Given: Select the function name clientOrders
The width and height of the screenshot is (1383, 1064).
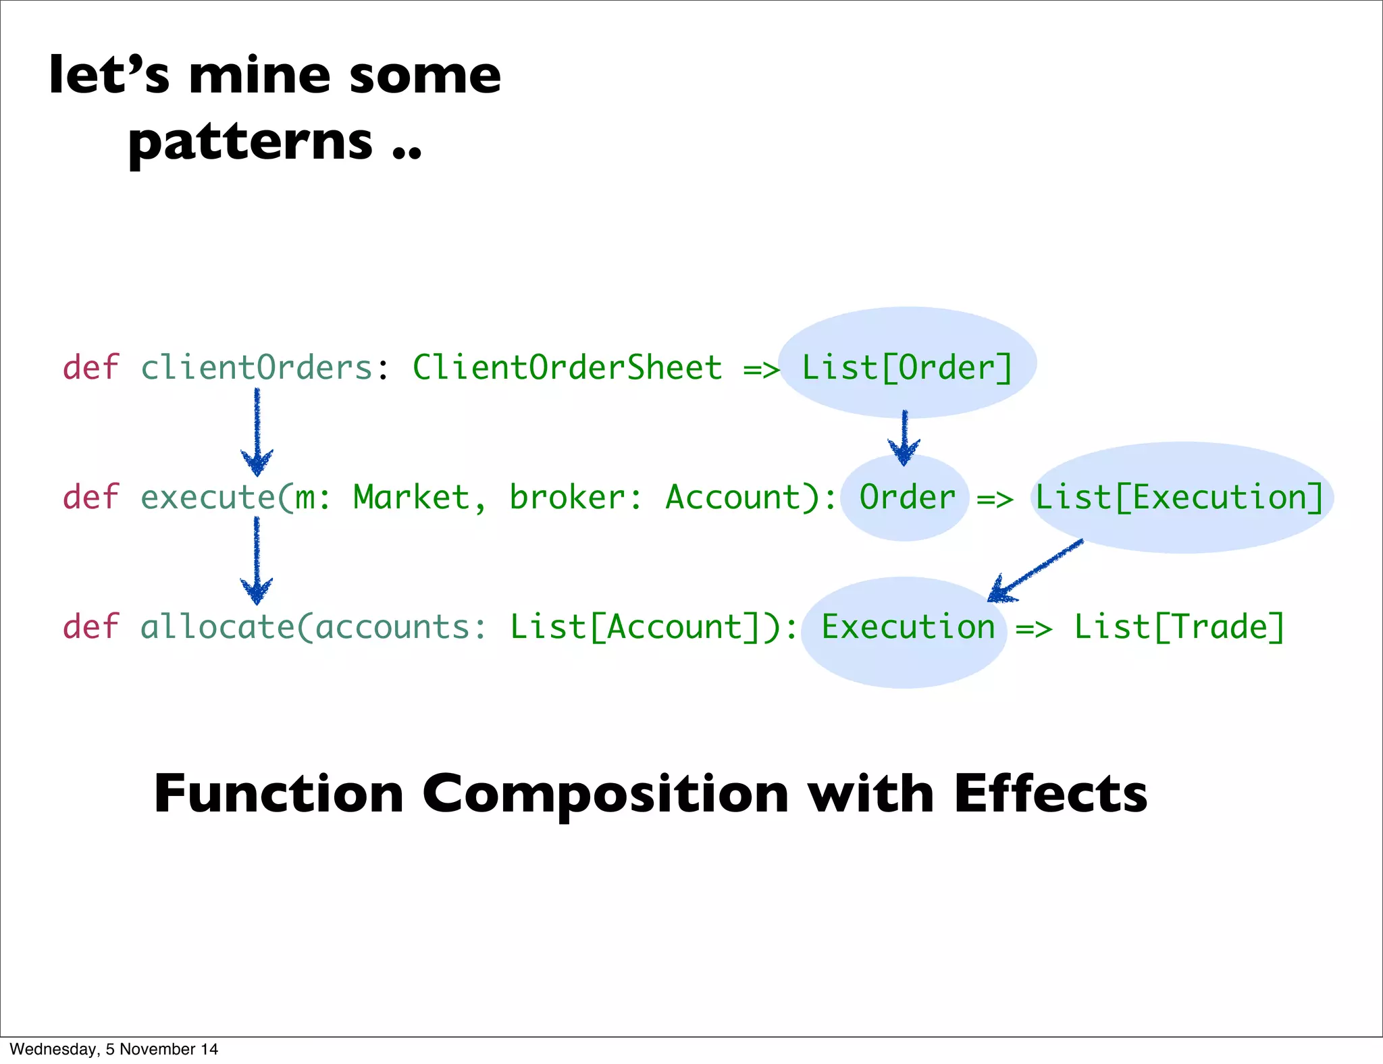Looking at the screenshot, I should pos(256,368).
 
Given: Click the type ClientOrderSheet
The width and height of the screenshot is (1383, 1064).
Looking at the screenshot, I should pos(567,368).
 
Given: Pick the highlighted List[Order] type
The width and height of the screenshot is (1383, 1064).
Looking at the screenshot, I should pos(907,368).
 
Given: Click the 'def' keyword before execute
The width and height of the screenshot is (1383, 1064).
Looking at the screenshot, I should pos(90,498).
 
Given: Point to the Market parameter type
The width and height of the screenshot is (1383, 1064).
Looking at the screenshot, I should pos(411,498).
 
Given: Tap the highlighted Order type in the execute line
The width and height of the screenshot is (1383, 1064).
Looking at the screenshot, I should pos(907,498).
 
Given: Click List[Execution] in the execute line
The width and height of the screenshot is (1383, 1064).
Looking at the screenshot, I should pos(1179,498).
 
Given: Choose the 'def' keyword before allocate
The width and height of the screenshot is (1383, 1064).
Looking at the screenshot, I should pos(90,627).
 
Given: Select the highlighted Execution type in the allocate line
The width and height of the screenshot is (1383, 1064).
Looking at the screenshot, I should pos(908,627).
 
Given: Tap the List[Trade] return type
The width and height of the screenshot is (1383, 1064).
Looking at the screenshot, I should pos(1179,627).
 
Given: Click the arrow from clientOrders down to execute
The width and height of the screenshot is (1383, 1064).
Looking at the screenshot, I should pos(257,432).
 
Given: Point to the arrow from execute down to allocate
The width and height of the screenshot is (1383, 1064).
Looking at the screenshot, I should pos(257,560).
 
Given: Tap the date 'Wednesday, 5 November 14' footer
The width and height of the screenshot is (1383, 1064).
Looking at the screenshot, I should pos(113,1049).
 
